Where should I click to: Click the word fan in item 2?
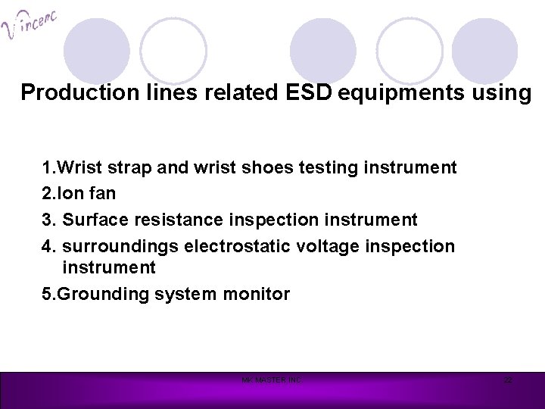tap(101, 193)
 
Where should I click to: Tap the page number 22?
tap(509, 379)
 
